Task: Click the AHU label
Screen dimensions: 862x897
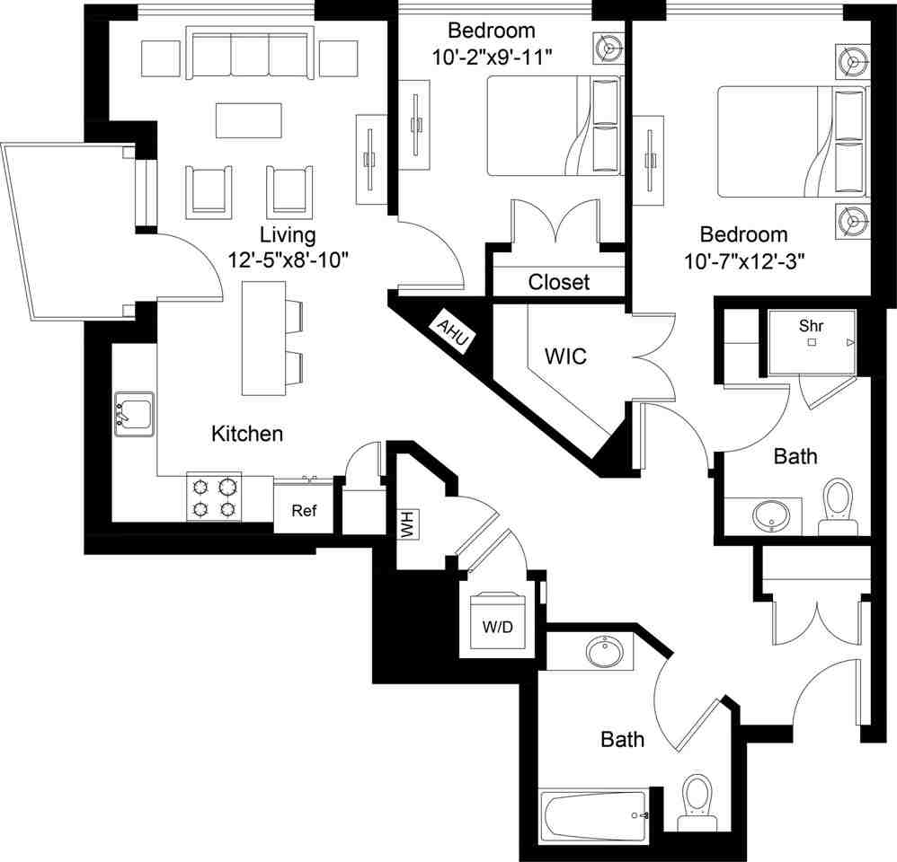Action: click(453, 330)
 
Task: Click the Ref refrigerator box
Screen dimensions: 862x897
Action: click(304, 511)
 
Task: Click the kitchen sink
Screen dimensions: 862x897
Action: click(134, 414)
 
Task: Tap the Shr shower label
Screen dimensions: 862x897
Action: click(811, 327)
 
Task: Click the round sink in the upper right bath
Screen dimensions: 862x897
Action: click(771, 515)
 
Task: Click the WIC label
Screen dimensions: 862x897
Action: click(566, 356)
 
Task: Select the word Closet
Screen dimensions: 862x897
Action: click(558, 282)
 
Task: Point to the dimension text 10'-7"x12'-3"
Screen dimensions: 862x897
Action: click(744, 261)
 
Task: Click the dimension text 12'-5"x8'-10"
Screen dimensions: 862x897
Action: click(288, 260)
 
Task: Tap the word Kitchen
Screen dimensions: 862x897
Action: click(247, 435)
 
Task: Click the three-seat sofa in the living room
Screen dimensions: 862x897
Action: click(249, 55)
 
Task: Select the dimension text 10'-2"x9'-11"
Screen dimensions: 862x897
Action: click(492, 56)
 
